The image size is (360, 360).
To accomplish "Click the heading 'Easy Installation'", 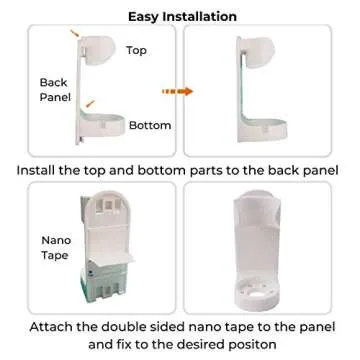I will click(x=180, y=16).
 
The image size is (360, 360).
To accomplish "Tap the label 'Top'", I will click(x=137, y=49).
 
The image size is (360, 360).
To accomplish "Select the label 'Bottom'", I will click(x=150, y=125).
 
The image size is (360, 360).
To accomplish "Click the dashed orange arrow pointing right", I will click(x=178, y=92).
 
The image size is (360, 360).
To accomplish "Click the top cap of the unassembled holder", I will click(x=100, y=47).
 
